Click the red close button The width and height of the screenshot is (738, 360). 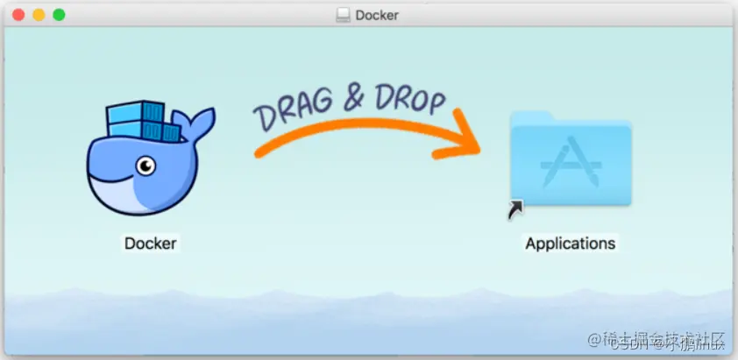[x=18, y=15]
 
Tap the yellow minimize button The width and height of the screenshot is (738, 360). [x=39, y=15]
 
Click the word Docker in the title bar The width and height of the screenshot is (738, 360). [x=377, y=15]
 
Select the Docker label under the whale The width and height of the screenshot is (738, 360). [x=150, y=243]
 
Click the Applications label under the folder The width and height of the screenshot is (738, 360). [x=570, y=243]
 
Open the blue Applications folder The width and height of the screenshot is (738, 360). [x=571, y=163]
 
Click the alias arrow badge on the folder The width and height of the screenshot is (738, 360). [x=515, y=209]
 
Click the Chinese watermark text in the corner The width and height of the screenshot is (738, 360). [x=657, y=339]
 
